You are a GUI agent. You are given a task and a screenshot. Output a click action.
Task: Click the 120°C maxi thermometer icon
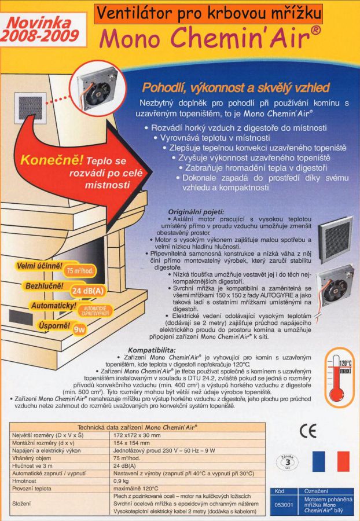click(x=341, y=369)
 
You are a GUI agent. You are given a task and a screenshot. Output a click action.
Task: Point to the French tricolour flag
click(x=331, y=461)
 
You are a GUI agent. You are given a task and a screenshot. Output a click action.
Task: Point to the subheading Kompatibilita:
click(x=152, y=350)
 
